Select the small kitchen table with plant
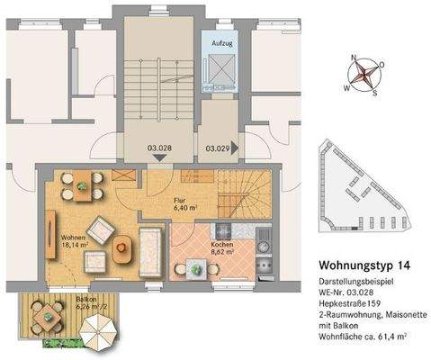coord(196,266)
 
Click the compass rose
coord(364,74)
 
